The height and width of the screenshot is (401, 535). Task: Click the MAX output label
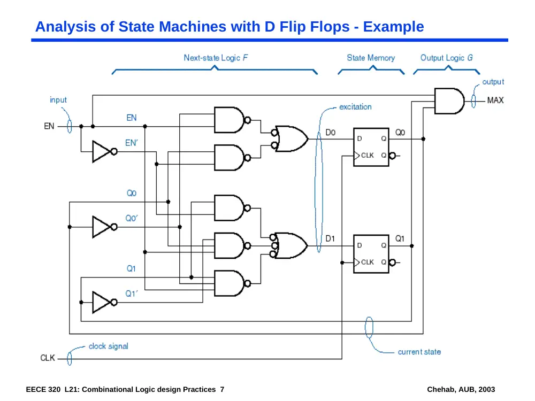495,101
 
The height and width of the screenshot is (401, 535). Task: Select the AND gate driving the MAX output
449,101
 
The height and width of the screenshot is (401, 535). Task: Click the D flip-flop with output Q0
371,147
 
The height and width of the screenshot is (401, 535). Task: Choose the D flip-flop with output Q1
371,253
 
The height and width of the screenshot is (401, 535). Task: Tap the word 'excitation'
355,107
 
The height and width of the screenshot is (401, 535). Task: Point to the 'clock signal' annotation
109,346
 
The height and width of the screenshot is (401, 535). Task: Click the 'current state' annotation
419,352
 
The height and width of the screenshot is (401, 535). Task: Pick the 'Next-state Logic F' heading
216,58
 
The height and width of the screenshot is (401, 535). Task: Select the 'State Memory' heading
371,58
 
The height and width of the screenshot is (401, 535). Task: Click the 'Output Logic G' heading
446,58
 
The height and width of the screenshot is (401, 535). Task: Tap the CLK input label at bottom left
48,358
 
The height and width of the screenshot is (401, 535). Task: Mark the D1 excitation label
330,238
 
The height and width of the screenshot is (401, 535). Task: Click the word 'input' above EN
58,100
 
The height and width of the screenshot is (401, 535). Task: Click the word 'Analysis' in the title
65,27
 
